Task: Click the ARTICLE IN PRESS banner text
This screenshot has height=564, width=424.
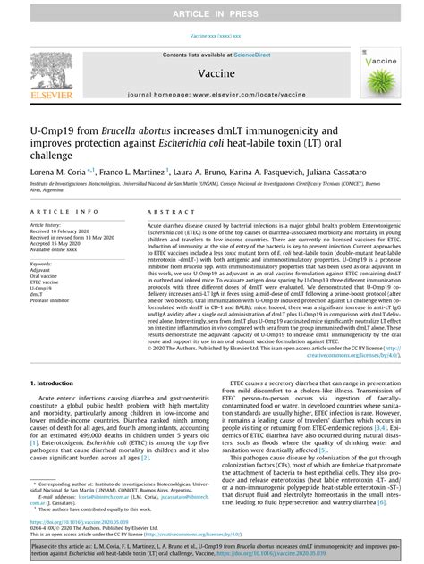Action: click(x=211, y=10)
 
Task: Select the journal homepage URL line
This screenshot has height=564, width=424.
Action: click(x=211, y=94)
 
